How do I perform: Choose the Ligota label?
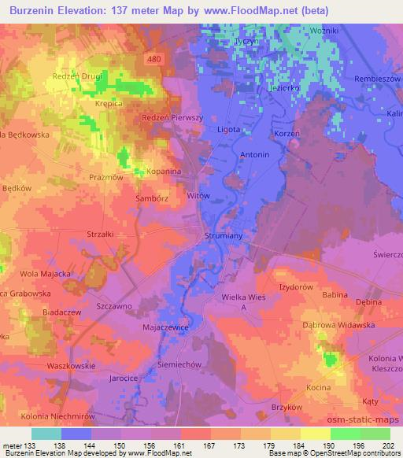(x=227, y=129)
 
